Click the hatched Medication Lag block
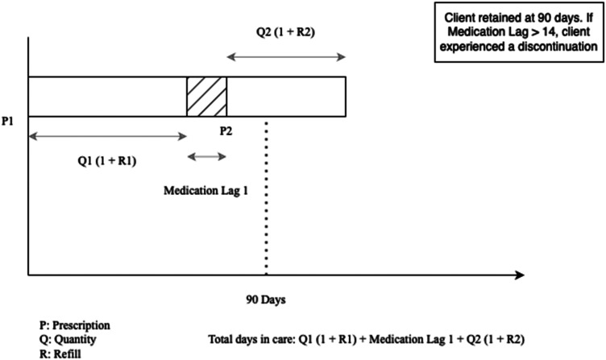207,97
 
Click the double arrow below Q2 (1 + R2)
286,56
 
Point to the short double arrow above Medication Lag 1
206,156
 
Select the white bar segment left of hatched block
107,97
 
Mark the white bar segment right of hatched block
286,97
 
